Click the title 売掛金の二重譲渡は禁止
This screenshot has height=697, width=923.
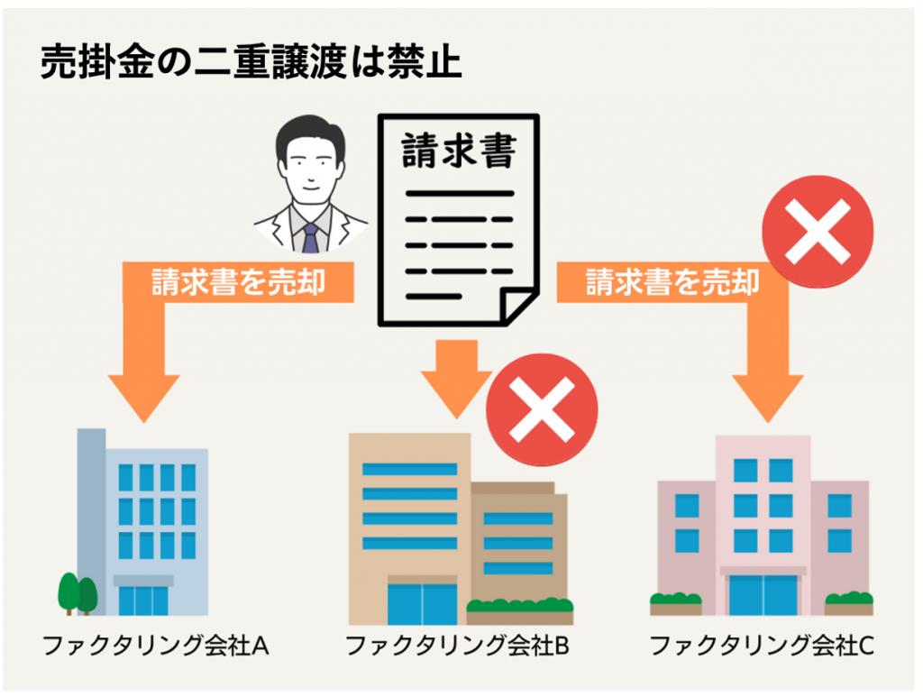click(x=251, y=62)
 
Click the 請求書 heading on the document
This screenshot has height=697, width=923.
click(x=459, y=151)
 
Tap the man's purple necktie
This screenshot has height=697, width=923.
click(x=310, y=238)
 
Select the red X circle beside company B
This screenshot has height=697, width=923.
click(x=542, y=409)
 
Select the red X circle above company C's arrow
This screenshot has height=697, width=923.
click(x=818, y=232)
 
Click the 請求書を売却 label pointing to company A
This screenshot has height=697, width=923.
click(x=238, y=282)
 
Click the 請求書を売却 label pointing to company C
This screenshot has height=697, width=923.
click(x=672, y=282)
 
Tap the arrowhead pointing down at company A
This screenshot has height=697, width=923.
click(x=143, y=398)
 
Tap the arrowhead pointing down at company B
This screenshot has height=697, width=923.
click(x=457, y=393)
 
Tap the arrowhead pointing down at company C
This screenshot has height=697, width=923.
click(x=768, y=398)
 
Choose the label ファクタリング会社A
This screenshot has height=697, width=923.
click(x=155, y=646)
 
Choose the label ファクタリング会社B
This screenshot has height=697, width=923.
click(x=457, y=646)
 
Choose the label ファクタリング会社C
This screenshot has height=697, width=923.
click(x=762, y=646)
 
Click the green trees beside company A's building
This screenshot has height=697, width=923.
click(x=78, y=593)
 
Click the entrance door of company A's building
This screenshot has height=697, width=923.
click(x=143, y=601)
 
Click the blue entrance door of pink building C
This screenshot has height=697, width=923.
click(x=763, y=595)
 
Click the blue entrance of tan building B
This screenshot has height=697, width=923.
click(x=422, y=604)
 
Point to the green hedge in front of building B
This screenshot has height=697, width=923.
click(x=520, y=606)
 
